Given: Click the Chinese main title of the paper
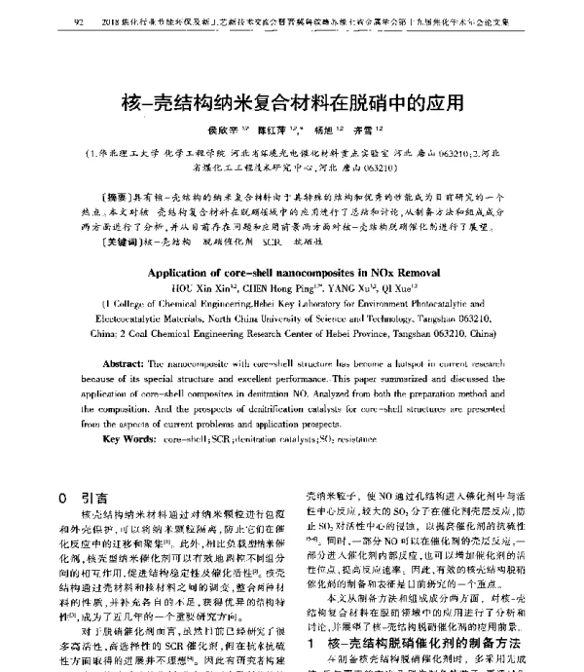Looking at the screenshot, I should click(x=291, y=100).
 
